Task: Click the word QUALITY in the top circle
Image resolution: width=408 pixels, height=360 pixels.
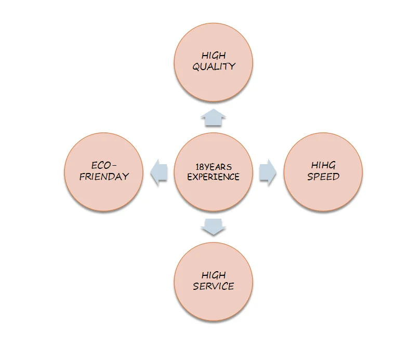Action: coord(214,66)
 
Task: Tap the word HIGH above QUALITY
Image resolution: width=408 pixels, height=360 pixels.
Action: coord(214,55)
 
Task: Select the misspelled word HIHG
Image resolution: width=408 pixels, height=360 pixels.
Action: coord(323,165)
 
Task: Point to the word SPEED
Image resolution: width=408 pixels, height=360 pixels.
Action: coord(323,177)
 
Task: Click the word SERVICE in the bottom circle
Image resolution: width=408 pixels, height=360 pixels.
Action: coord(213,286)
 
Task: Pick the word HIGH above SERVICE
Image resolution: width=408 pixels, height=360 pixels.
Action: coord(214,275)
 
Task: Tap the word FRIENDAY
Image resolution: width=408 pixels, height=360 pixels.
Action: coord(103,177)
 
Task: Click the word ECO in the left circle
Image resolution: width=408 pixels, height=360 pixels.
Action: coord(101,165)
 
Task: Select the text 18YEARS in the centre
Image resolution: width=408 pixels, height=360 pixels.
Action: coord(213,167)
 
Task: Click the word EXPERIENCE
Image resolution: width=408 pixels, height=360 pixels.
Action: coord(213,177)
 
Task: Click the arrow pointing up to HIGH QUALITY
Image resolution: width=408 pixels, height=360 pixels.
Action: coord(213,118)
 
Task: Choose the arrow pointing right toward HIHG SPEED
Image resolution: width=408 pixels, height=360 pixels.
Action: coord(267,172)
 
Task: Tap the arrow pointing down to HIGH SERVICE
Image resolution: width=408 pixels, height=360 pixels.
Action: coord(213,226)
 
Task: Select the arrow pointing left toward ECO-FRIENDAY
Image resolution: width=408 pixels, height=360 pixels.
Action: coord(159,172)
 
